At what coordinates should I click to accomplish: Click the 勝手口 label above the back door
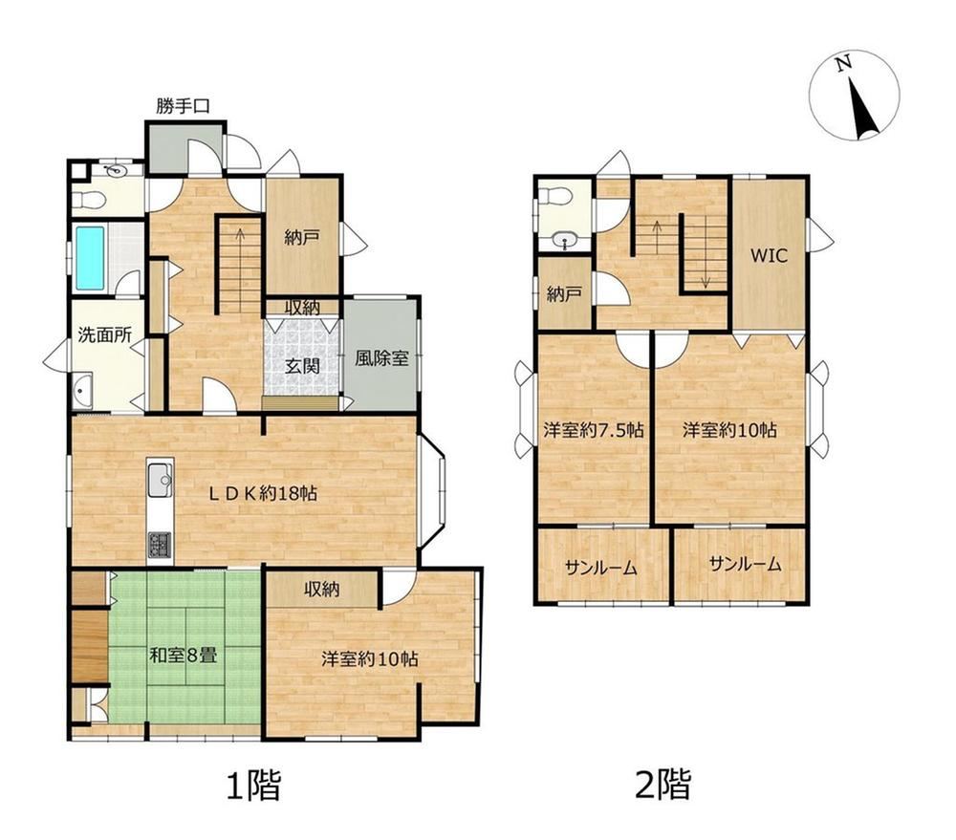pyautogui.click(x=183, y=107)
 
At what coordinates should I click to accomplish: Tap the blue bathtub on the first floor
pyautogui.click(x=90, y=258)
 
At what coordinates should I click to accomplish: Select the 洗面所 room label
pyautogui.click(x=105, y=334)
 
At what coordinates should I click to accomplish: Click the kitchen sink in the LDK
pyautogui.click(x=161, y=479)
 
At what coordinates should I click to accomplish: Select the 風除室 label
pyautogui.click(x=381, y=357)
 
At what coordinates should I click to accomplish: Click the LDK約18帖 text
pyautogui.click(x=264, y=493)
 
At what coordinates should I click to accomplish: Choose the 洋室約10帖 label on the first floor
pyautogui.click(x=370, y=659)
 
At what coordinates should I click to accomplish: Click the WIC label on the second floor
pyautogui.click(x=769, y=255)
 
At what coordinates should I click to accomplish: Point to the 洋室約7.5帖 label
pyautogui.click(x=594, y=430)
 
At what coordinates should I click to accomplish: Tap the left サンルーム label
pyautogui.click(x=601, y=569)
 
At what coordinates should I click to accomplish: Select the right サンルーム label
pyautogui.click(x=745, y=564)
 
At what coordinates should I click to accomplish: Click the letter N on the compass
pyautogui.click(x=844, y=63)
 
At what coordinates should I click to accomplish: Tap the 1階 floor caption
pyautogui.click(x=253, y=785)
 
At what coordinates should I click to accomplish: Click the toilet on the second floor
pyautogui.click(x=554, y=197)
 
